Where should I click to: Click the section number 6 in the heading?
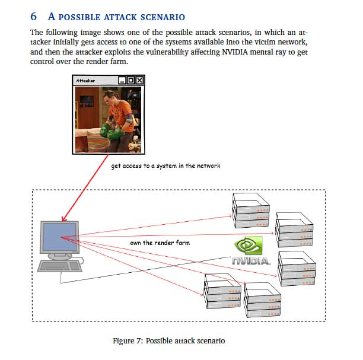[33, 17]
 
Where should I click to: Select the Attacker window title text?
[85, 80]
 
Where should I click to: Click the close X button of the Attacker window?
[140, 80]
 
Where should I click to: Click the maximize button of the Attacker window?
[130, 80]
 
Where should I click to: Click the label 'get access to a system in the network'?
[165, 166]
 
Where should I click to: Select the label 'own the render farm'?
[160, 243]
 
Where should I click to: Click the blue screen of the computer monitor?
[59, 237]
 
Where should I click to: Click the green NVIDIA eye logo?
[248, 246]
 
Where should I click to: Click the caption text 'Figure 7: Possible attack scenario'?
[169, 341]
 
